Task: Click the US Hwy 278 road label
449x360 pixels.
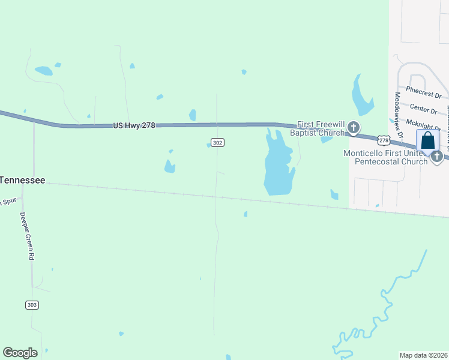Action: pyautogui.click(x=134, y=125)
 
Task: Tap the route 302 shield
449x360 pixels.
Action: pyautogui.click(x=218, y=143)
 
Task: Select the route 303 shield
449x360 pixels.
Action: pyautogui.click(x=32, y=305)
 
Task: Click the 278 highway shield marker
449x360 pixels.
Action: pyautogui.click(x=384, y=140)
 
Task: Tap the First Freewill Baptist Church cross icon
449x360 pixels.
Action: pyautogui.click(x=354, y=127)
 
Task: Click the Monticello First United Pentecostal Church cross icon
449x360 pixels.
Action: pyautogui.click(x=437, y=156)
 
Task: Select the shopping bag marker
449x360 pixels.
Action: pyautogui.click(x=427, y=142)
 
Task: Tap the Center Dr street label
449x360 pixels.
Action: pyautogui.click(x=423, y=109)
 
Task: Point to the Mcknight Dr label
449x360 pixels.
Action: pyautogui.click(x=420, y=123)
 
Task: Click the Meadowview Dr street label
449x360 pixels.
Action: pyautogui.click(x=398, y=108)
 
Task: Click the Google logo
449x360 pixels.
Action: pyautogui.click(x=20, y=353)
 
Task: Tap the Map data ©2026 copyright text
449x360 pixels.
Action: pyautogui.click(x=423, y=355)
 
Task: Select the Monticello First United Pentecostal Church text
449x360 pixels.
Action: pyautogui.click(x=385, y=157)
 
